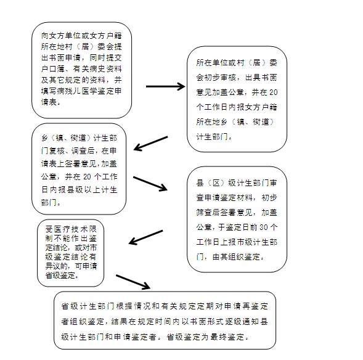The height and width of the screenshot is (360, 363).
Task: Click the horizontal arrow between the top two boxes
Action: point(166,86)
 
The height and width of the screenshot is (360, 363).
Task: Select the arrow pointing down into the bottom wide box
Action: point(133,282)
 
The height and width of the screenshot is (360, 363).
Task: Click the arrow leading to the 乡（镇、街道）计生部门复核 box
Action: point(151,144)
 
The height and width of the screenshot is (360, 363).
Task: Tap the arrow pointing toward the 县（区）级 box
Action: point(150,184)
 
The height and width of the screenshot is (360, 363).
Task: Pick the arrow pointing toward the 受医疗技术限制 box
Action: point(146,237)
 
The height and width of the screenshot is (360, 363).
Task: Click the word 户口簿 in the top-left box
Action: point(53,69)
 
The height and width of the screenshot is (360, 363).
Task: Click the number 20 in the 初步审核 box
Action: point(274,92)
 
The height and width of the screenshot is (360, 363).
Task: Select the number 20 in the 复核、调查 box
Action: point(87,177)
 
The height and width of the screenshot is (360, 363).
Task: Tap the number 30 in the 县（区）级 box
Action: point(264,227)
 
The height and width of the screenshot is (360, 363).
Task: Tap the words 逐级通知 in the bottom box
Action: point(242,322)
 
